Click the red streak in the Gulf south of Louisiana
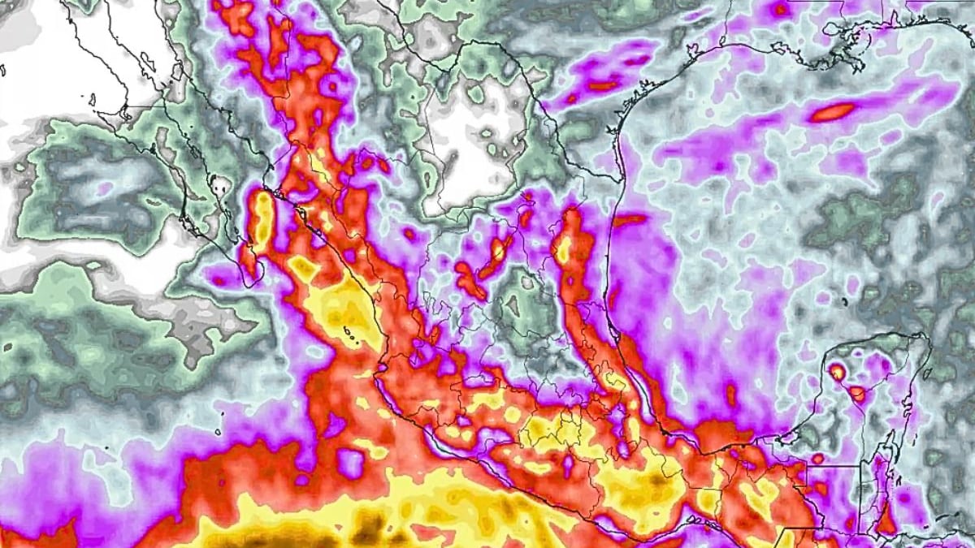tap(831, 112)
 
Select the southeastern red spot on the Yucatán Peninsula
tap(857, 394)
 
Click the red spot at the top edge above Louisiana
tap(780, 10)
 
